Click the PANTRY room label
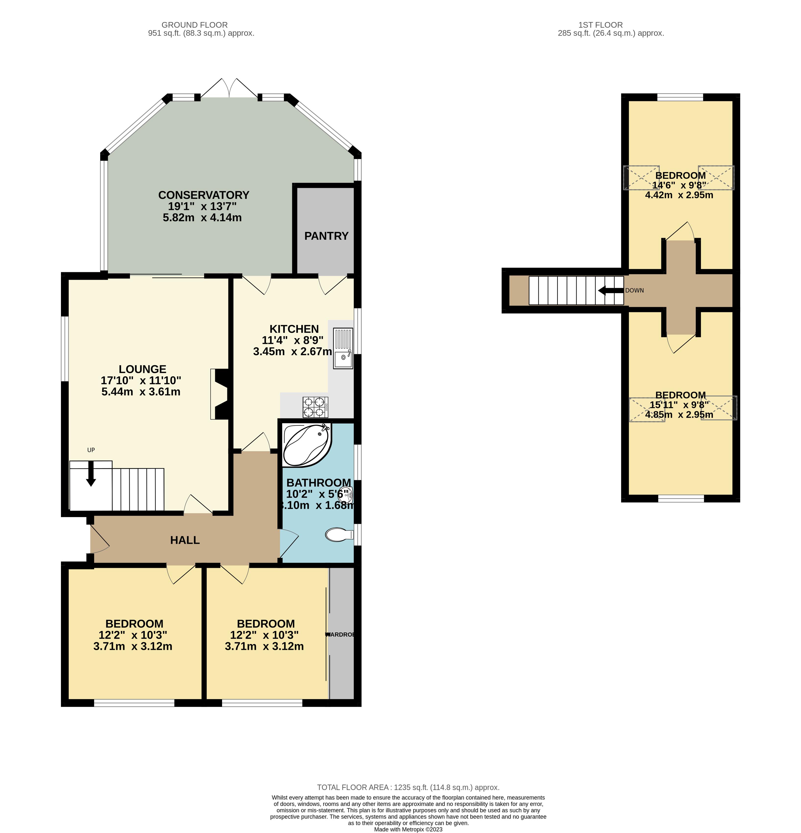pos(326,236)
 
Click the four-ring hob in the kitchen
pos(315,407)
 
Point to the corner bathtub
pos(306,445)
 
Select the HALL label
pos(185,540)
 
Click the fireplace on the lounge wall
pos(221,394)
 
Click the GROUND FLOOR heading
pos(194,25)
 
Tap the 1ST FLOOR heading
pos(600,25)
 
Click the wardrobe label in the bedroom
pos(340,635)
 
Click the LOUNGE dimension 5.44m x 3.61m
pos(141,392)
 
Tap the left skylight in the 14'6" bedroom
pos(641,178)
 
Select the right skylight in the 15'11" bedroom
pos(719,408)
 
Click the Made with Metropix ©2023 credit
pos(408,829)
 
